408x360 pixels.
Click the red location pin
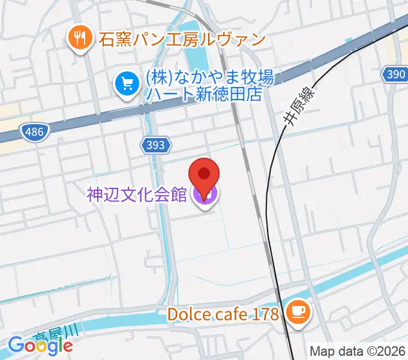(204, 175)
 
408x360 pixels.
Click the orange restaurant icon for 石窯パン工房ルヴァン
(79, 40)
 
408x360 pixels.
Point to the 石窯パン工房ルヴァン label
(182, 40)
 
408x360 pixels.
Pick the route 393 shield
(157, 145)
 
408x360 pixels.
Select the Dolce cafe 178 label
(223, 313)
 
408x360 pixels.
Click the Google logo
(40, 345)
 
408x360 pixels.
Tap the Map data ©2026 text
(358, 352)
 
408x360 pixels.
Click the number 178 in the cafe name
(266, 313)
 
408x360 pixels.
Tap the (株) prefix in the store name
(154, 77)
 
